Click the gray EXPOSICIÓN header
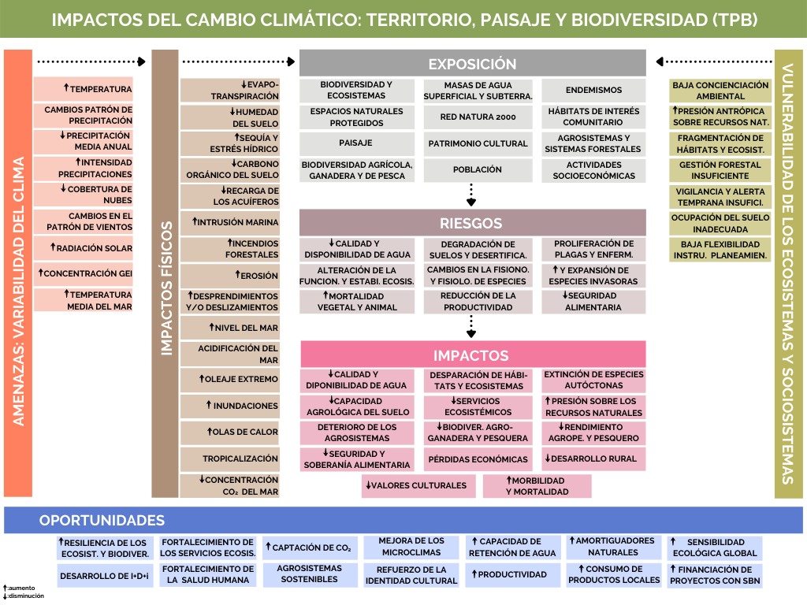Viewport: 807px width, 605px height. point(472,64)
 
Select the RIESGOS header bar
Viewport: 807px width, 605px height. point(472,223)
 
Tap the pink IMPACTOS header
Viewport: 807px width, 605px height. point(472,355)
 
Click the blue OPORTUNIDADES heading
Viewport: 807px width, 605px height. point(102,520)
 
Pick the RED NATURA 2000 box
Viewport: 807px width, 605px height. point(478,117)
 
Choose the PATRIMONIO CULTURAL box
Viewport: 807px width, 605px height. point(478,143)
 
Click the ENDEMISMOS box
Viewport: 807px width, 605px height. point(593,90)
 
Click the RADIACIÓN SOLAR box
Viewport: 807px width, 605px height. point(84,248)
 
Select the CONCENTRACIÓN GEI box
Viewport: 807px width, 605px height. point(84,273)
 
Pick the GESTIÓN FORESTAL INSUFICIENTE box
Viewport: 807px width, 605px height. point(720,170)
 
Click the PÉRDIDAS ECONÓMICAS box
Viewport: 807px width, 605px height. point(478,459)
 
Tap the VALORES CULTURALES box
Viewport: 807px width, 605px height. point(419,485)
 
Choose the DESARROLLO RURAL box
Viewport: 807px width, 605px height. point(593,458)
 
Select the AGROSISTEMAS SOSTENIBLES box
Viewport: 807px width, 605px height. point(309,573)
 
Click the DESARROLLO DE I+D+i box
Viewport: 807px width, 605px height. point(105,576)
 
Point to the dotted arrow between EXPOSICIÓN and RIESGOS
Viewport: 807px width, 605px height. point(471,194)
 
